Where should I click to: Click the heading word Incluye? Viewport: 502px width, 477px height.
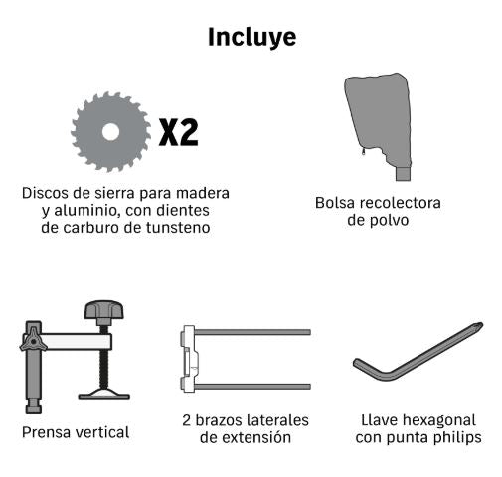(x=251, y=38)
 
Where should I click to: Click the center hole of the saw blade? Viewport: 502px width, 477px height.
(x=110, y=132)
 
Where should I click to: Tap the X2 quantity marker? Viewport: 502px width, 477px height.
(x=179, y=132)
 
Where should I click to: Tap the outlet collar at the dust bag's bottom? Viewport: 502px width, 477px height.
(x=404, y=174)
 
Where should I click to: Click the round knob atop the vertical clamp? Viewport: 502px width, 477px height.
(x=104, y=310)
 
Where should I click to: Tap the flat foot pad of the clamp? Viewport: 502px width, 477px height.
(x=103, y=395)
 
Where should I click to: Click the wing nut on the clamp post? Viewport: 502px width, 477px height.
(x=33, y=340)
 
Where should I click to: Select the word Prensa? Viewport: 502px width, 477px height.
(x=47, y=432)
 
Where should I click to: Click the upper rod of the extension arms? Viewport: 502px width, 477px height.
(x=252, y=332)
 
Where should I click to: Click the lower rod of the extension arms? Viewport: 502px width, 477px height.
(x=252, y=387)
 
